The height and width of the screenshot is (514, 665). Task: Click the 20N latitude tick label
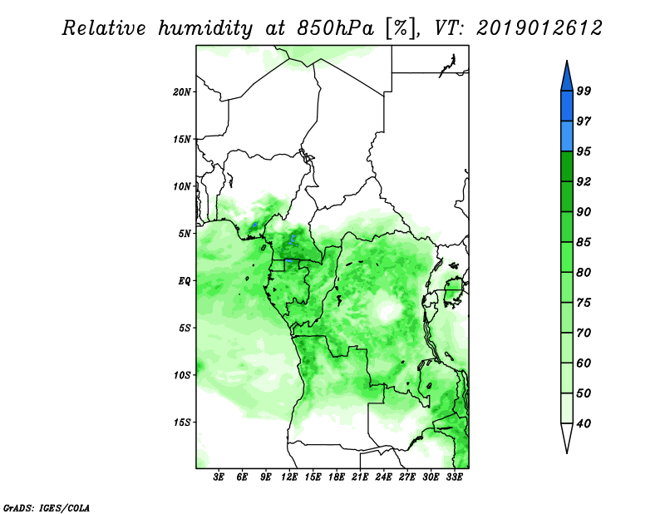[x=182, y=92]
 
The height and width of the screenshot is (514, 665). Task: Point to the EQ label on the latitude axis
[x=184, y=281]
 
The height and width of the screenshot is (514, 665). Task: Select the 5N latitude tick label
[x=185, y=234]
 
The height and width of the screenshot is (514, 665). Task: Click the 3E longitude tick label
[x=219, y=477]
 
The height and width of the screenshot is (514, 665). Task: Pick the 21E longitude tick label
[x=360, y=477]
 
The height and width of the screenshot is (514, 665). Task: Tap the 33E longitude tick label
[x=454, y=477]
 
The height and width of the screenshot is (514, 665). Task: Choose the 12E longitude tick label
[x=289, y=477]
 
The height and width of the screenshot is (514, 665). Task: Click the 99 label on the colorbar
[x=584, y=91]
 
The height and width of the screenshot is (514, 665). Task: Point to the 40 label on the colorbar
[x=584, y=423]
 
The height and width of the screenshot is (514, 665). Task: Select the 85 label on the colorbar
[x=584, y=242]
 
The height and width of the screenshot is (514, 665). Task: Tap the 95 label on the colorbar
[x=584, y=151]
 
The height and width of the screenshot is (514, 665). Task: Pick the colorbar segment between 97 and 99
[x=567, y=106]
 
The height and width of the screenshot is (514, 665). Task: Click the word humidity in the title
[x=205, y=28]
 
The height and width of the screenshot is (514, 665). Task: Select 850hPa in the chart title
[x=336, y=28]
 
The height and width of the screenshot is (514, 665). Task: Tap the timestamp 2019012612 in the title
[x=539, y=28]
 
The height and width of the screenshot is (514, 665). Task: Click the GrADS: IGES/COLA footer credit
[x=47, y=507]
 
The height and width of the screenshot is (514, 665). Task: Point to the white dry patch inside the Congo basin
[x=387, y=310]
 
